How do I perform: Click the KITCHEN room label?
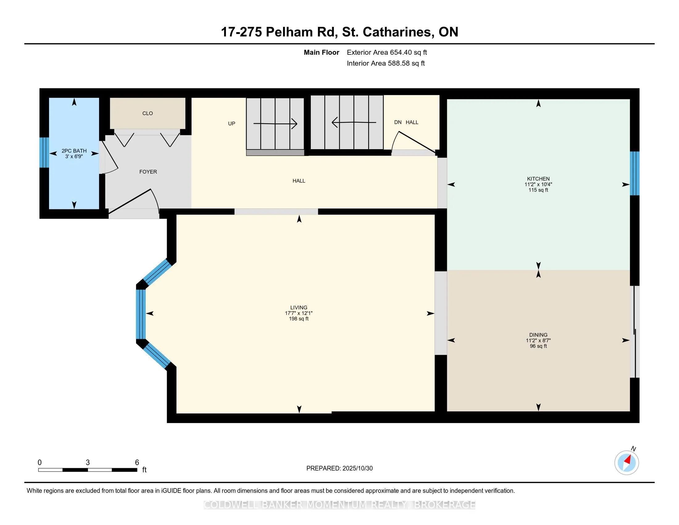(x=538, y=179)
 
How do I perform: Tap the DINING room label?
(x=538, y=335)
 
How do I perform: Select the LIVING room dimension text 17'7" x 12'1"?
(x=298, y=313)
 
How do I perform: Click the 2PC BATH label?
(x=74, y=151)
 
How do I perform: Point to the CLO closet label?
(x=147, y=114)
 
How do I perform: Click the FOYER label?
(x=148, y=172)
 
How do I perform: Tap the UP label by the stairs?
(x=231, y=124)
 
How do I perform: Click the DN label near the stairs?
(x=398, y=122)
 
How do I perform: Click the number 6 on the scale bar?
(x=137, y=463)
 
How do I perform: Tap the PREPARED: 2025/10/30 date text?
(x=339, y=468)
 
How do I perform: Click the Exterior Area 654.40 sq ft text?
(x=387, y=52)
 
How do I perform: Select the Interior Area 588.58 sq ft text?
(x=385, y=63)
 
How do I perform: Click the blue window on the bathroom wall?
(x=44, y=152)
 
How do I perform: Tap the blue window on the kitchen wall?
(x=634, y=173)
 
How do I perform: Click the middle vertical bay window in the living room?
(x=141, y=314)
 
